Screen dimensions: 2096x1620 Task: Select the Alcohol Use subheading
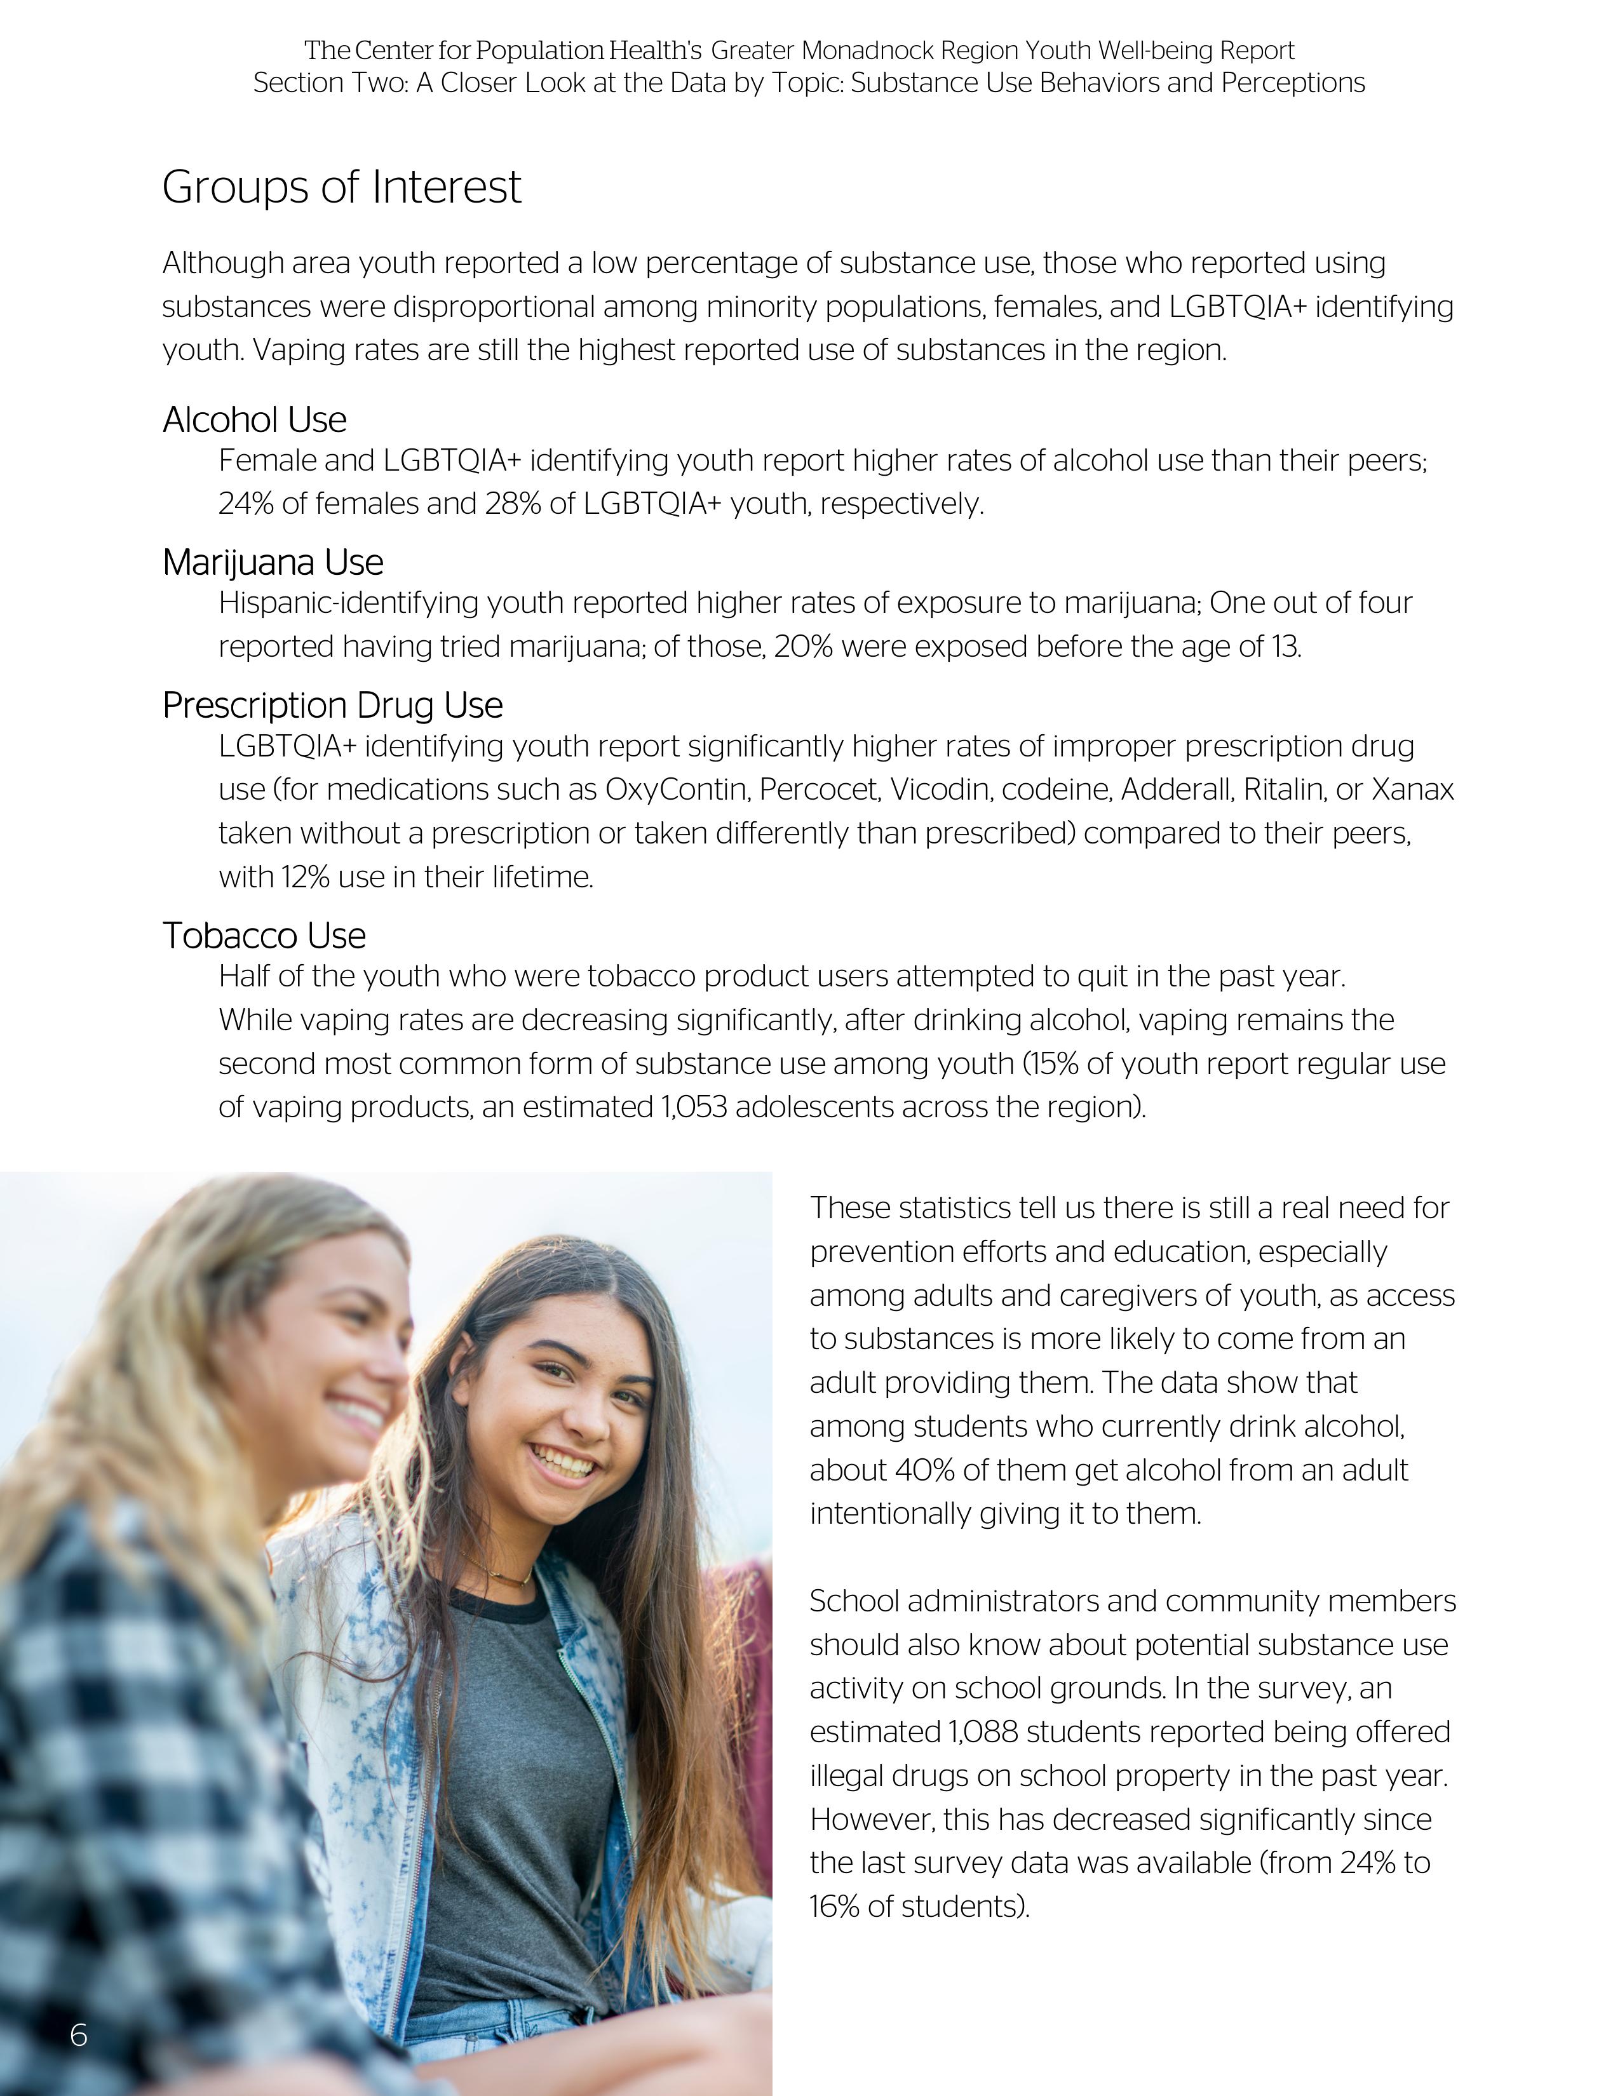(x=254, y=419)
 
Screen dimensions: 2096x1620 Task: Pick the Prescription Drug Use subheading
(x=332, y=706)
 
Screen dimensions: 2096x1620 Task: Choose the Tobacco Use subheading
(x=264, y=936)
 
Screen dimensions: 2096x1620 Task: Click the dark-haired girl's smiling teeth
(x=564, y=1463)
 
